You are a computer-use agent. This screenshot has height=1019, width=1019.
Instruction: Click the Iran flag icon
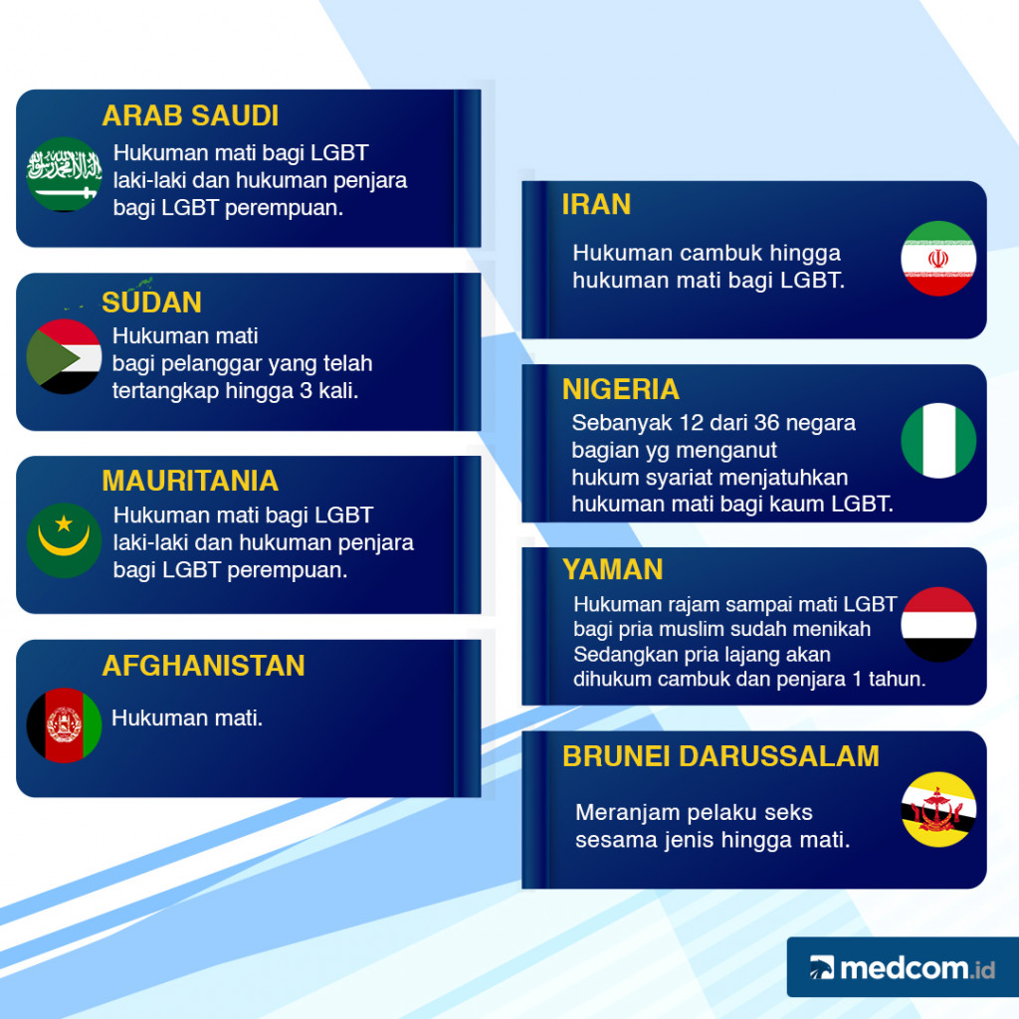(938, 258)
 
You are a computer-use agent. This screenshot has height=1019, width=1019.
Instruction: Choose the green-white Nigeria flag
(938, 441)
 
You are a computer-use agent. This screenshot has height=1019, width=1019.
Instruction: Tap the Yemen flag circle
(938, 625)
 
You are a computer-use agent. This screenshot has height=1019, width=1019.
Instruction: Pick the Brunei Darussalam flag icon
(938, 809)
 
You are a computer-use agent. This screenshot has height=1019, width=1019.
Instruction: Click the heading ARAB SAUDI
(190, 116)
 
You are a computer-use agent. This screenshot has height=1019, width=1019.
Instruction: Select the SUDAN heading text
(152, 303)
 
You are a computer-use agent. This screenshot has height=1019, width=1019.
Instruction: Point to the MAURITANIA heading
(190, 482)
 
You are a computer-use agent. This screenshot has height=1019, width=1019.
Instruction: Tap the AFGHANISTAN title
(204, 666)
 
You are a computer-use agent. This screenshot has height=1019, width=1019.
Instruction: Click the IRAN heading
(596, 205)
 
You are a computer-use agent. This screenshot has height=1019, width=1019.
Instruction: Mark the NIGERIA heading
(621, 389)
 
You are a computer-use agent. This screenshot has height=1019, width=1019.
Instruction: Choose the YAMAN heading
(612, 570)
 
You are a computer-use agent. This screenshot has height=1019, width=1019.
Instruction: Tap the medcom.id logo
(902, 967)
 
